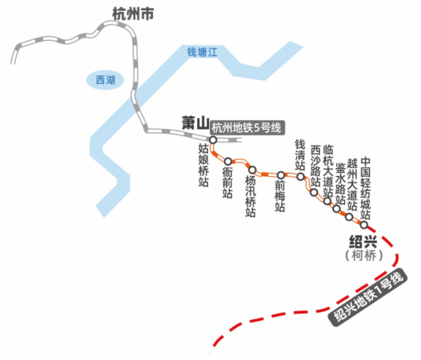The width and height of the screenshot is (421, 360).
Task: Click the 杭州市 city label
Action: click(133, 13)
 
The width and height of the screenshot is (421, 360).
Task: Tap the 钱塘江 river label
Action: click(202, 52)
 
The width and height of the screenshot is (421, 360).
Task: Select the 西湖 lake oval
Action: click(105, 80)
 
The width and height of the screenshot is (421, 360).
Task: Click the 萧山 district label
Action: click(196, 123)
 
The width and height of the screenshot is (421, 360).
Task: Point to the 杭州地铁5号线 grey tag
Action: click(247, 127)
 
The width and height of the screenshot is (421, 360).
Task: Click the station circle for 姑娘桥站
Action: click(213, 140)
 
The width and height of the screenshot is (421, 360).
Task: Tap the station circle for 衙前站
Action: click(228, 161)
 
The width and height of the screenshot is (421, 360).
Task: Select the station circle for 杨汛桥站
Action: click(252, 170)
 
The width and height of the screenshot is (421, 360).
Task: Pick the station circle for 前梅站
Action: click(281, 175)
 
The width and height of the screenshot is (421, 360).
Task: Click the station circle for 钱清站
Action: click(301, 177)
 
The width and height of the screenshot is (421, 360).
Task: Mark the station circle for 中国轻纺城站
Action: click(364, 225)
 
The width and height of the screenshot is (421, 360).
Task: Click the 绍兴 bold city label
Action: click(363, 241)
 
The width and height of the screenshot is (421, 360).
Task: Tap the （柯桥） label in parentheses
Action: click(364, 255)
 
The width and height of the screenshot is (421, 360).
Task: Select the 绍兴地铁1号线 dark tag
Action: click(368, 297)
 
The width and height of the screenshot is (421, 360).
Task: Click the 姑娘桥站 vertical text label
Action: click(203, 165)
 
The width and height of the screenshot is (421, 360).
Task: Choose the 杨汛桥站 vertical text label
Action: click(251, 197)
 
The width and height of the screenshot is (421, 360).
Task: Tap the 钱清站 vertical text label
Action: click(300, 155)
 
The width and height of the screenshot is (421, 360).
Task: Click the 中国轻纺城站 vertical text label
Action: click(365, 189)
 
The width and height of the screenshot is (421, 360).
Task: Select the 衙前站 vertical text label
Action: click(228, 182)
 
